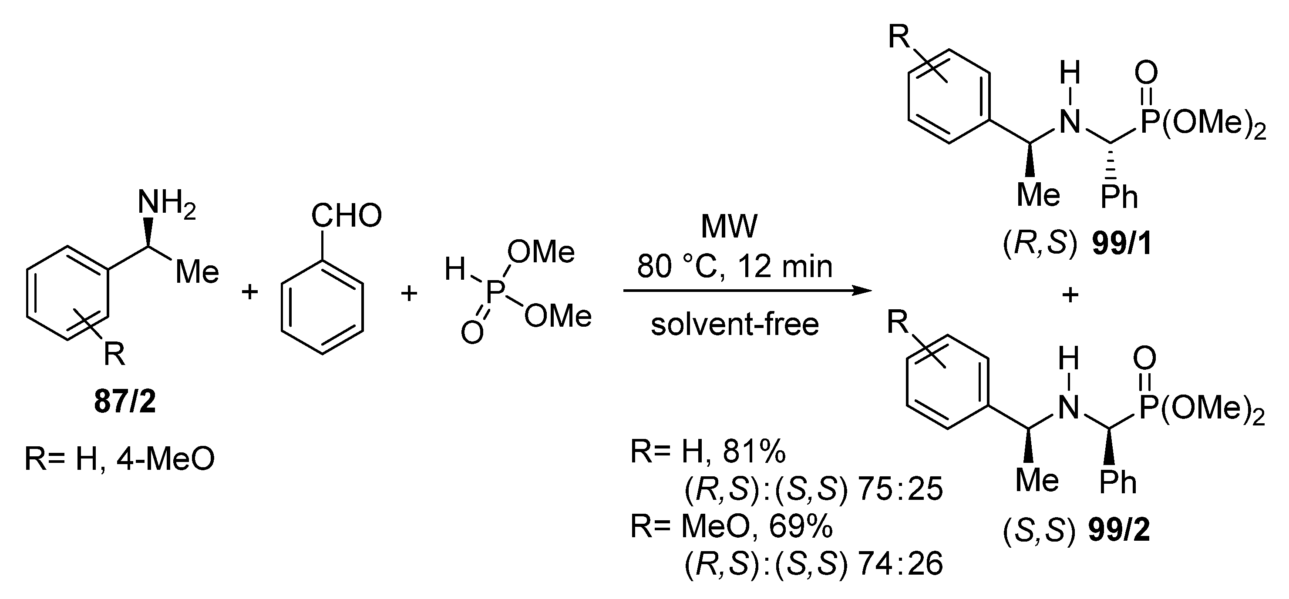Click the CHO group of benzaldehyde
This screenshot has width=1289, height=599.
pos(346,216)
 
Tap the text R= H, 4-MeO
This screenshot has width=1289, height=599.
pos(119,458)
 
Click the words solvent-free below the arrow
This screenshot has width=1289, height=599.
pos(734,325)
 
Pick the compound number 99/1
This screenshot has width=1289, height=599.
pos(1121,244)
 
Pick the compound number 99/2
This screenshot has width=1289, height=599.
pos(1119,531)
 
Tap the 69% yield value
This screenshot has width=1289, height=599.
pos(801,526)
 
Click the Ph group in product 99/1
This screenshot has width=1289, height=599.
pos(1119,197)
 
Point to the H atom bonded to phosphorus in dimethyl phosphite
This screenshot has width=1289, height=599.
pos(455,270)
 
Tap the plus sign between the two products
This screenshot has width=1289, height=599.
pos(1070,295)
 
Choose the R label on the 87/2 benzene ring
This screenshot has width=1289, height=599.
pos(114,355)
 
